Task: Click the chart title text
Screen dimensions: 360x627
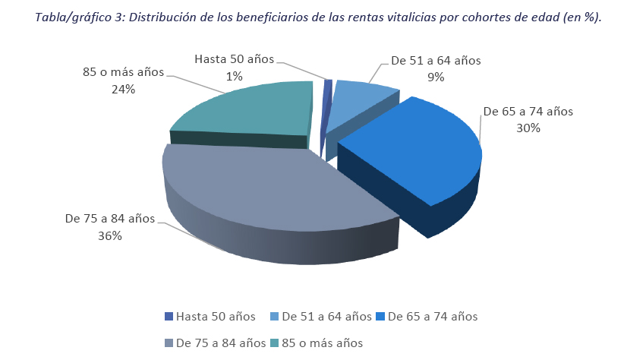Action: pyautogui.click(x=313, y=17)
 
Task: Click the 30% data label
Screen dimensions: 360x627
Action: pyautogui.click(x=528, y=128)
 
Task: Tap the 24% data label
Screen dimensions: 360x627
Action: pyautogui.click(x=123, y=89)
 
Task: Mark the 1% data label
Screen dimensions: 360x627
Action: pyautogui.click(x=234, y=75)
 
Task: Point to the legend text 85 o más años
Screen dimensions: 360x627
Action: pyautogui.click(x=323, y=343)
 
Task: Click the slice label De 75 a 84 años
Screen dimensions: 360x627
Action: pyautogui.click(x=110, y=219)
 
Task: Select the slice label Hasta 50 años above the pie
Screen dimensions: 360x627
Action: pyautogui.click(x=234, y=58)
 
